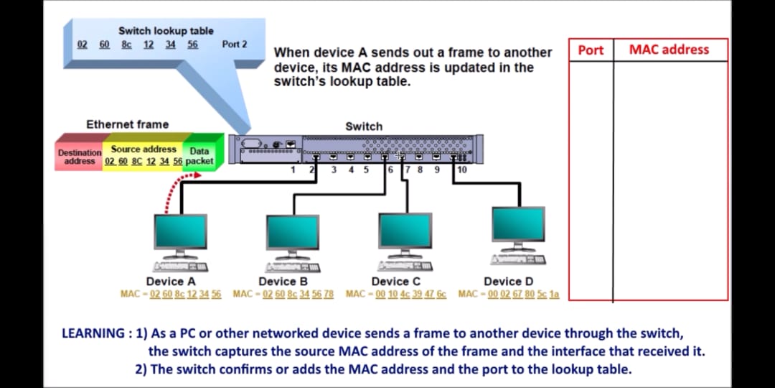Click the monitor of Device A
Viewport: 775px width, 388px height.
pyautogui.click(x=181, y=231)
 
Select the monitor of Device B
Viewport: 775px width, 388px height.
pyautogui.click(x=293, y=231)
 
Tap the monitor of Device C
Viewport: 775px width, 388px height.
pyautogui.click(x=405, y=230)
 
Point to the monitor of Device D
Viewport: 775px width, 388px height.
pyautogui.click(x=518, y=224)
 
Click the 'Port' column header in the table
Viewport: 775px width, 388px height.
pyautogui.click(x=591, y=50)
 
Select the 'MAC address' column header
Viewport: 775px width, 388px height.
pyautogui.click(x=669, y=50)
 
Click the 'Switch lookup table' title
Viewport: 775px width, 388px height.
pyautogui.click(x=166, y=31)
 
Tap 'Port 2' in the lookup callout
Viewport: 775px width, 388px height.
pyautogui.click(x=235, y=45)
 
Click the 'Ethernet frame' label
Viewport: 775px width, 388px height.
pyautogui.click(x=128, y=124)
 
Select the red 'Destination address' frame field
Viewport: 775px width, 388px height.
pyautogui.click(x=80, y=157)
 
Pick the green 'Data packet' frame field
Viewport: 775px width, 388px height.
pyautogui.click(x=199, y=156)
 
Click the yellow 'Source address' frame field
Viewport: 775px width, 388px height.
pyautogui.click(x=144, y=154)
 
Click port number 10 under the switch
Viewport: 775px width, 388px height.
pyautogui.click(x=461, y=170)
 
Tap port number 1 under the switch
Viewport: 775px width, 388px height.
pyautogui.click(x=293, y=170)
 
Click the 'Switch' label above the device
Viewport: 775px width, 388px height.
pyautogui.click(x=364, y=126)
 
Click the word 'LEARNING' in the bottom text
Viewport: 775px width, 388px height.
pyautogui.click(x=93, y=333)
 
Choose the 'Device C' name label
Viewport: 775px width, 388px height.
pyautogui.click(x=395, y=282)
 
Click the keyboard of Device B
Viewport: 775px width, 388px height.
pyautogui.click(x=293, y=267)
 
